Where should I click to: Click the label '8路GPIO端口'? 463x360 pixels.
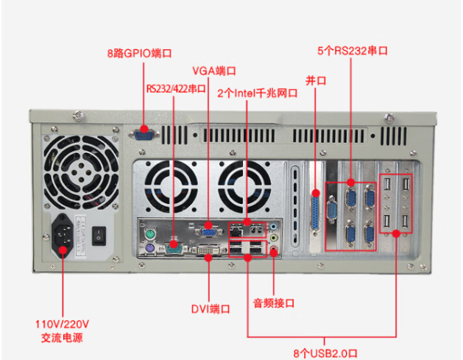(x=140, y=54)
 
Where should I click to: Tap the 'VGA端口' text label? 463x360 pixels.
(x=213, y=71)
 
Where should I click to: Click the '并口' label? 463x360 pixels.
(x=315, y=80)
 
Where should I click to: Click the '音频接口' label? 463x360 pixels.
(x=274, y=302)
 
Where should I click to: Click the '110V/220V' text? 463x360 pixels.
(x=62, y=324)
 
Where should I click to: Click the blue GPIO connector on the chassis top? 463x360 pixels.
(x=144, y=133)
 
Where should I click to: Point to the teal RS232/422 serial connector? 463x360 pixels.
(x=174, y=244)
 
